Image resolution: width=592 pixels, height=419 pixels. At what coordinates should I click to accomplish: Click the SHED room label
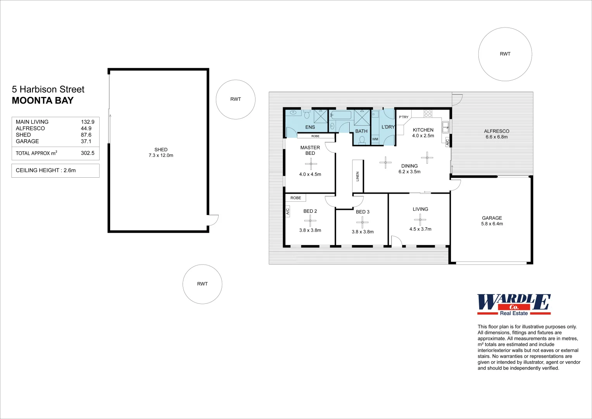coord(161,149)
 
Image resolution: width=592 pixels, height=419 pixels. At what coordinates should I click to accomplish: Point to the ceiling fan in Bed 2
coord(310,221)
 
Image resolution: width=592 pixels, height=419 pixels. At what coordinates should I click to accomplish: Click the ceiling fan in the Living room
coord(420,220)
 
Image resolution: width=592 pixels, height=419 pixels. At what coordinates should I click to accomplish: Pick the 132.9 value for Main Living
coord(88,122)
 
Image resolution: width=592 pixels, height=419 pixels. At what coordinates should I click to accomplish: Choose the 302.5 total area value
coord(88,153)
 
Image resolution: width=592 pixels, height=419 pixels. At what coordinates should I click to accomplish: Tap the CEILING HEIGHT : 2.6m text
coord(46,170)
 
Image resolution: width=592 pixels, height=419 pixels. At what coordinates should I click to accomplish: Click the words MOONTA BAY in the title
coord(43,100)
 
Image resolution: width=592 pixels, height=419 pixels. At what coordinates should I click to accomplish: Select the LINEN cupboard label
coord(357,177)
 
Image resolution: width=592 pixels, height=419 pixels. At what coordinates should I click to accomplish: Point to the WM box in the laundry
coord(375,139)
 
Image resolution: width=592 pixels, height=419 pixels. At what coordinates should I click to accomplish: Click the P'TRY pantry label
coord(404,117)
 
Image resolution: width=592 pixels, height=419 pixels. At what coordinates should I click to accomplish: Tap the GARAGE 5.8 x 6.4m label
coord(492,221)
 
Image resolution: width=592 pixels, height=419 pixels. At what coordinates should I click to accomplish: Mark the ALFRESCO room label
coord(497,131)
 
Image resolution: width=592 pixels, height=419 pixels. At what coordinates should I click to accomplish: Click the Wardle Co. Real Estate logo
coord(514,305)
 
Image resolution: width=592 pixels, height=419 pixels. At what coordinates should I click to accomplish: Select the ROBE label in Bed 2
coord(296,198)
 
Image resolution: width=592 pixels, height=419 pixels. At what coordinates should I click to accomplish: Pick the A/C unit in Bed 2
coord(288,211)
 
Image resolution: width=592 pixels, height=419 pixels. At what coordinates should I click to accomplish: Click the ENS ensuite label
coord(310,127)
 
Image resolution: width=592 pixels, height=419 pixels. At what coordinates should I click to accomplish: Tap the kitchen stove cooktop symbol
coord(428,114)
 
